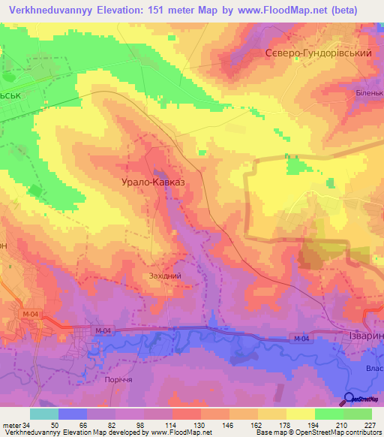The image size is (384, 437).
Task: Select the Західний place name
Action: (x=165, y=276)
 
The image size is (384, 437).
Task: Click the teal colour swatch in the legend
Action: (x=44, y=414)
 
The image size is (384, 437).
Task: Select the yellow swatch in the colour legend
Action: (x=301, y=414)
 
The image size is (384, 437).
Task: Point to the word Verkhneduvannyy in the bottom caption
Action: (x=29, y=432)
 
